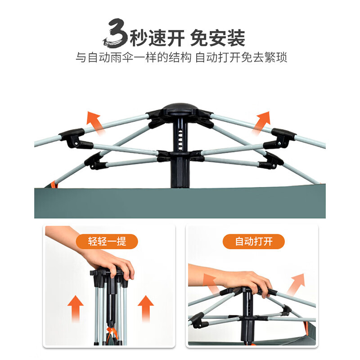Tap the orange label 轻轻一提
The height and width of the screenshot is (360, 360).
[x=107, y=241]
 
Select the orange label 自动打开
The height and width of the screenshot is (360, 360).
[x=254, y=241]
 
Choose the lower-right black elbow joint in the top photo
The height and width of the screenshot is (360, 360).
[x=271, y=160]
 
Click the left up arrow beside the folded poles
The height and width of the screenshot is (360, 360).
[x=76, y=308]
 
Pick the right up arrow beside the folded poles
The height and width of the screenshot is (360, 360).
[x=145, y=308]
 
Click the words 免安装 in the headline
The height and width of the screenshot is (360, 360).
[x=218, y=38]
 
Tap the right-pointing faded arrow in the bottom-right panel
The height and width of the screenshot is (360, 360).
[x=296, y=284]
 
